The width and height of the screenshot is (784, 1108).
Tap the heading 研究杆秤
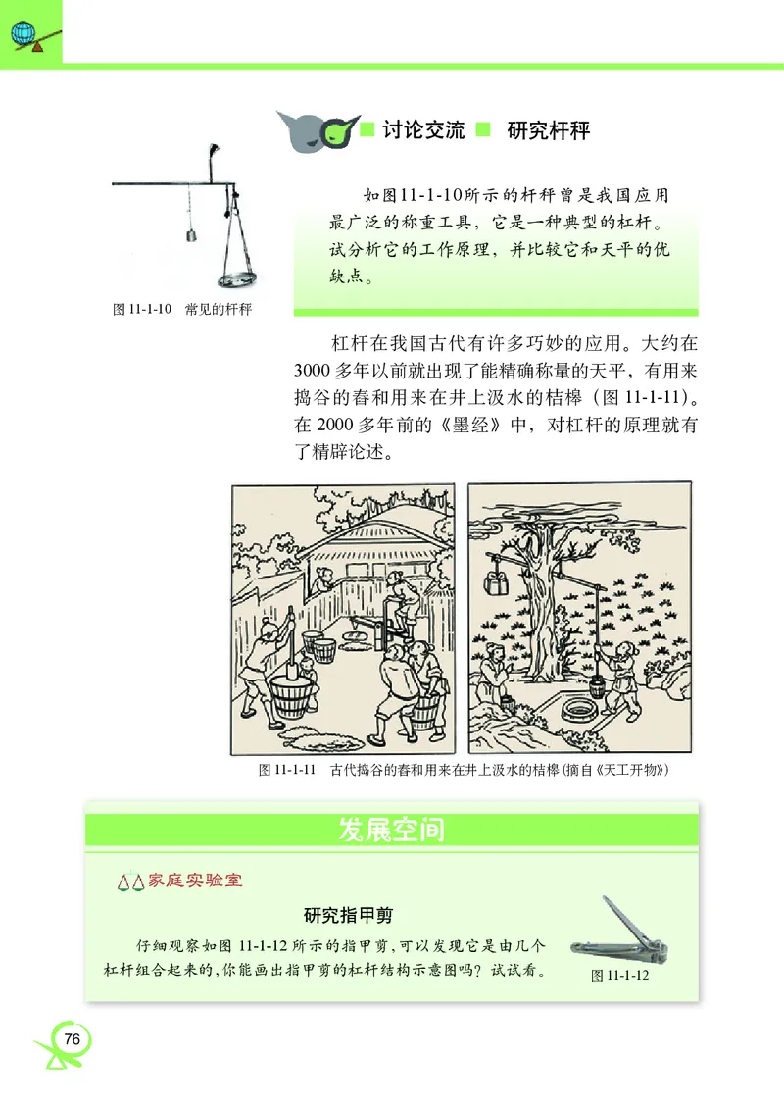click(x=549, y=130)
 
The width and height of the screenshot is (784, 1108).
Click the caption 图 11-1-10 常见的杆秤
click(x=183, y=310)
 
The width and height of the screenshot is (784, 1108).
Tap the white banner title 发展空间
click(x=391, y=830)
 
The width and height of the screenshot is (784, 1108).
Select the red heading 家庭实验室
click(x=193, y=880)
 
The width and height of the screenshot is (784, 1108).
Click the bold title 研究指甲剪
click(x=348, y=915)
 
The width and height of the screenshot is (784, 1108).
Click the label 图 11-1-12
click(x=621, y=976)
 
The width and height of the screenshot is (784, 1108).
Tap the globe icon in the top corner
click(x=22, y=32)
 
